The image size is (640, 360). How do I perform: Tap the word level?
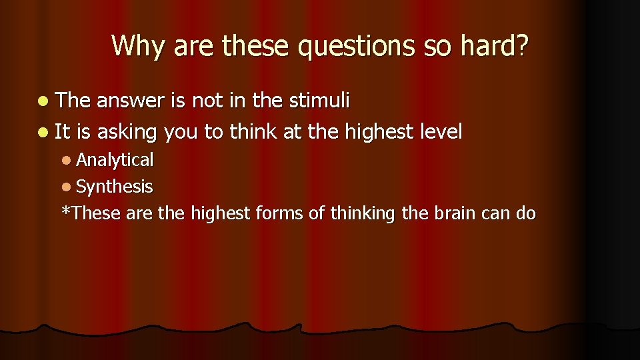coord(438,131)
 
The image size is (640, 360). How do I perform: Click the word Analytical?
coord(115,161)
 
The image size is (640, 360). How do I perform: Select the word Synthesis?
coord(114,187)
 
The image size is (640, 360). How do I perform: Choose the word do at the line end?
coord(525,213)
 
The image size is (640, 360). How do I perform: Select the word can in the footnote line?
coord(493,214)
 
